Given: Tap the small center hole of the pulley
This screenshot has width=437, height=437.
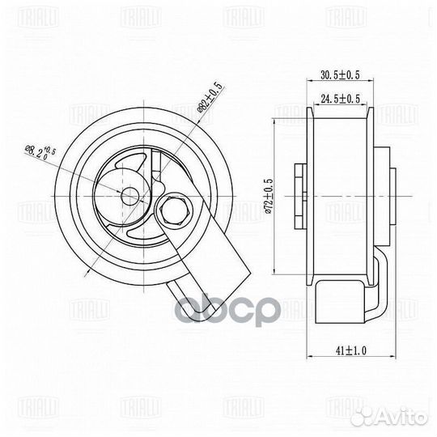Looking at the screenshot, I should [x=129, y=195].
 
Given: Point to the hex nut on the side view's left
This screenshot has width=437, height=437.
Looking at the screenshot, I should [x=299, y=194].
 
